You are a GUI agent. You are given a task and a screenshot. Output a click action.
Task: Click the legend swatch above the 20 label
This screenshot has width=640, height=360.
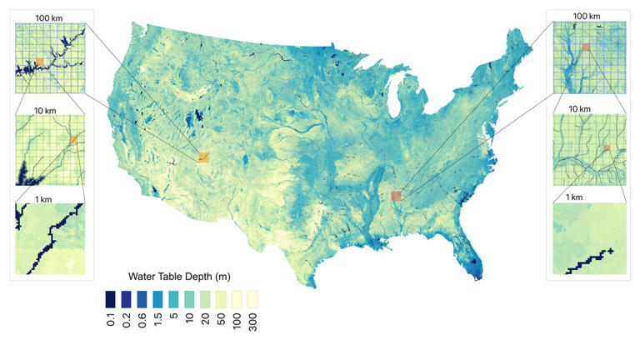[x=206, y=297]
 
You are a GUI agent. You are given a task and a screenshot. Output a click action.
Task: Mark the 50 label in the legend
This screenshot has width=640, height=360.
[x=222, y=321]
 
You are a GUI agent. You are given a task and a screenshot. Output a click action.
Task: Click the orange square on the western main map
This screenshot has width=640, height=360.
[x=204, y=156]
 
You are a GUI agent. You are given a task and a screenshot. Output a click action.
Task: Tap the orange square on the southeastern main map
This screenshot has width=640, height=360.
[x=396, y=195]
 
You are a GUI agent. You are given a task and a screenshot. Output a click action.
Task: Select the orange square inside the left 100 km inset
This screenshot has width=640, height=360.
[x=39, y=61]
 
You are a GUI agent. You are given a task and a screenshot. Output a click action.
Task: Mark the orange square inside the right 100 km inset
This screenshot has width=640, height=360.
[x=587, y=47]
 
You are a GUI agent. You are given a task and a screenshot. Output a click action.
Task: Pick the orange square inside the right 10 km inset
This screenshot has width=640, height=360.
[x=607, y=147]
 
